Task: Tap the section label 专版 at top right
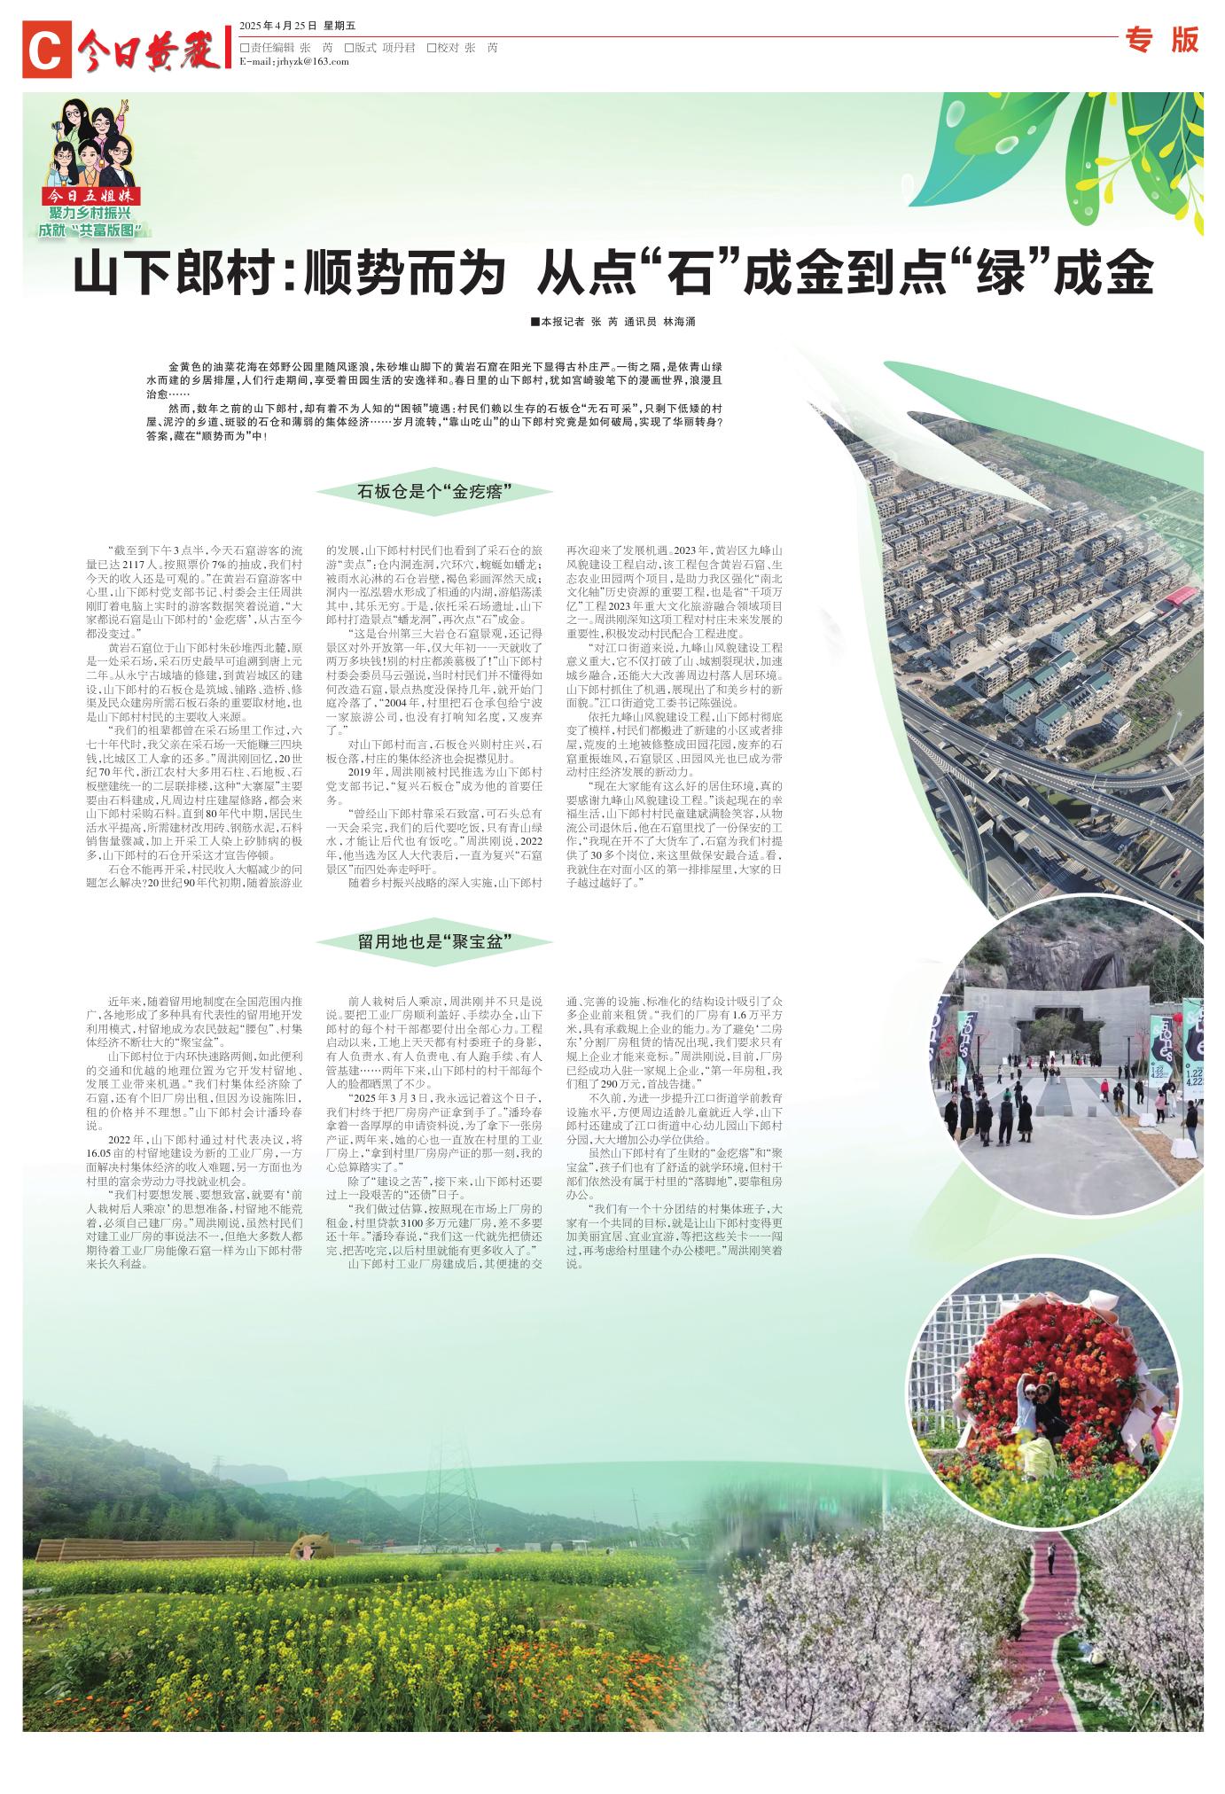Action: click(x=1161, y=40)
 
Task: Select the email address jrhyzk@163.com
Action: click(x=293, y=61)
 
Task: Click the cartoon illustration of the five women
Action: click(x=91, y=141)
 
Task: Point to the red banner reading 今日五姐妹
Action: click(x=93, y=196)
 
